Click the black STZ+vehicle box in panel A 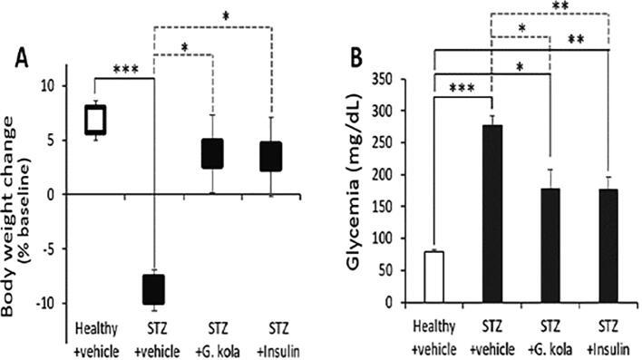pyautogui.click(x=153, y=289)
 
